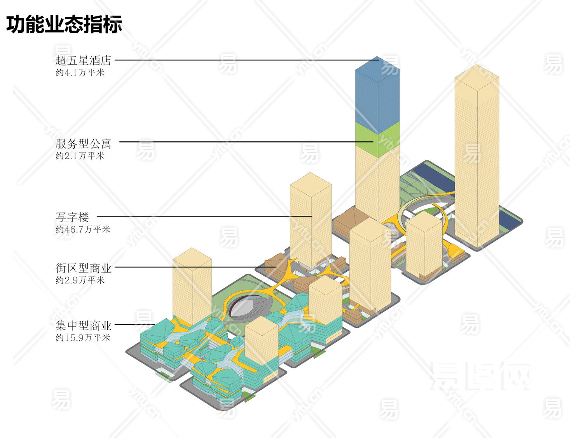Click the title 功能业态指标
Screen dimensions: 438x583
pos(64,24)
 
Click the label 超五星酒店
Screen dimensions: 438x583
pos(83,60)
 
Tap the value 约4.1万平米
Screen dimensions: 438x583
pos(80,73)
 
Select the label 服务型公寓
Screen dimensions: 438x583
pos(83,144)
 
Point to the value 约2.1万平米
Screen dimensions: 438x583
pos(80,156)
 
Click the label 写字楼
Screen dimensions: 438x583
pos(72,217)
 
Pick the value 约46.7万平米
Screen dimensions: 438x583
pos(83,229)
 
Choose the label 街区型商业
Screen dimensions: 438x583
pos(83,268)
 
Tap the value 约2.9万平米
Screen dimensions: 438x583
pos(80,280)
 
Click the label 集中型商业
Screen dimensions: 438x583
pos(83,325)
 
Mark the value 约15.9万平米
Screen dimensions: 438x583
pos(83,338)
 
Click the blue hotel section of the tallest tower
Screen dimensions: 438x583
pos(377,97)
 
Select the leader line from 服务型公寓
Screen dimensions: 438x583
pos(245,142)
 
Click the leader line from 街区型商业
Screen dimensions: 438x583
pos(194,267)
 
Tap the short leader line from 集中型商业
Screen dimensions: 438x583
pos(134,324)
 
